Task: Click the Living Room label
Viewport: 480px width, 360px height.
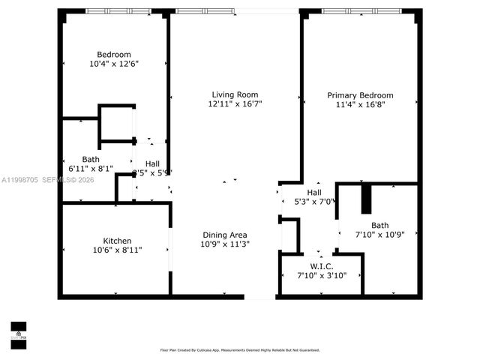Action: [235, 94]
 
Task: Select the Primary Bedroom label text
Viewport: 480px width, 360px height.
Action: [360, 95]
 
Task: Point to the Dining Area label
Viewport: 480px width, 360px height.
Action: [224, 234]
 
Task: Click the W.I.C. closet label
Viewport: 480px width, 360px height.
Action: [322, 266]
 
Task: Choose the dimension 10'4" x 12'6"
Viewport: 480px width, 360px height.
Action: [114, 64]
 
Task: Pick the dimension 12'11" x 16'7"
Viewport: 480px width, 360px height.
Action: [235, 105]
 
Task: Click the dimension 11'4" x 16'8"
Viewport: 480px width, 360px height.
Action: [360, 106]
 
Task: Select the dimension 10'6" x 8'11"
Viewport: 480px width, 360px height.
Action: [117, 249]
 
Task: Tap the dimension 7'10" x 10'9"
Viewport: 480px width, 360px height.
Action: [379, 235]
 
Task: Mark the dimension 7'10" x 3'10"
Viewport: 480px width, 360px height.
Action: [322, 276]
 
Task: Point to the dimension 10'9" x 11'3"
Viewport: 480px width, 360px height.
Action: [224, 244]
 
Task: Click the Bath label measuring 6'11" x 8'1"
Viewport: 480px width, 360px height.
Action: [91, 159]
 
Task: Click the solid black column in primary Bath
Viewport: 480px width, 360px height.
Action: [367, 199]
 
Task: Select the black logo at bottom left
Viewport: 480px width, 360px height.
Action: [18, 331]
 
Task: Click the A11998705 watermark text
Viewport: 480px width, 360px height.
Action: [22, 180]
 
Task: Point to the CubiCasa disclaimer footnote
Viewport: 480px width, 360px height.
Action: [239, 349]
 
